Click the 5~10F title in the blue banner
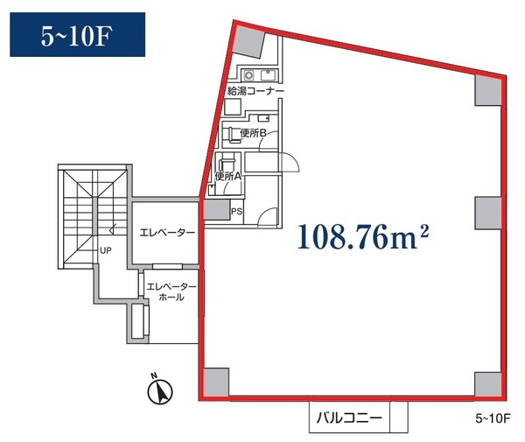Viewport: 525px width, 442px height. [x=76, y=36]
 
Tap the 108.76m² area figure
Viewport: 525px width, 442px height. [x=363, y=236]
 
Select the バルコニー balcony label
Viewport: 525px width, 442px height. [x=349, y=417]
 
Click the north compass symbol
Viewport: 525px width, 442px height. [x=160, y=390]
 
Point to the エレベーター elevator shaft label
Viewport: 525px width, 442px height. [x=167, y=233]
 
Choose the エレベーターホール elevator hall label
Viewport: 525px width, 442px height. [x=171, y=291]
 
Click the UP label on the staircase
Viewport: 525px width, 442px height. [x=106, y=250]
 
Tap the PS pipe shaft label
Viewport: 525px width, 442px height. [x=237, y=212]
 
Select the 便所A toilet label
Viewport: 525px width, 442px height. [x=228, y=177]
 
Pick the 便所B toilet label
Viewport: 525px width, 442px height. [x=253, y=133]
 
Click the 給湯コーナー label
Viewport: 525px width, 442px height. [x=255, y=91]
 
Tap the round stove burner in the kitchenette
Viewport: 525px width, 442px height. [x=248, y=75]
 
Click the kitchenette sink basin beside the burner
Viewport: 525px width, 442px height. [x=268, y=75]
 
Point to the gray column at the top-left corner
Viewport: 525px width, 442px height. [x=248, y=40]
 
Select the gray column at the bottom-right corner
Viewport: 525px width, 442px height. [x=488, y=383]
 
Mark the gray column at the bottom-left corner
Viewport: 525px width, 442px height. [x=216, y=382]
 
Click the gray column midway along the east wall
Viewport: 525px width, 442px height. [x=488, y=213]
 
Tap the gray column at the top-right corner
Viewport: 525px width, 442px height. [x=488, y=90]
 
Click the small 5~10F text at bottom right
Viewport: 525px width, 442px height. [x=493, y=418]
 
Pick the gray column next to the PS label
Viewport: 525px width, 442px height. [x=217, y=210]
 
